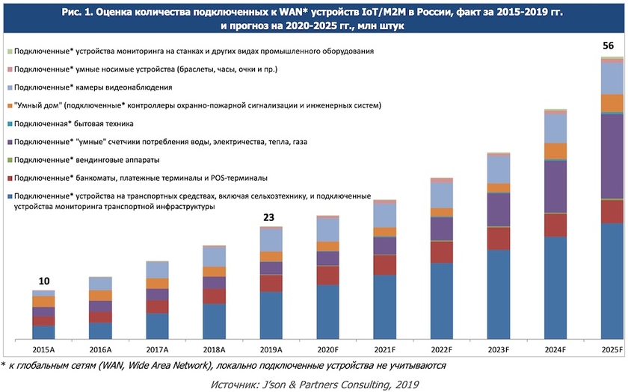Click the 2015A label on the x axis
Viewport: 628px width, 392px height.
click(x=44, y=349)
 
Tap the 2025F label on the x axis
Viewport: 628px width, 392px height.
click(x=612, y=349)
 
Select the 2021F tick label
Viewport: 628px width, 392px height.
click(x=384, y=349)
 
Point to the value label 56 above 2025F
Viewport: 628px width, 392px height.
click(x=609, y=46)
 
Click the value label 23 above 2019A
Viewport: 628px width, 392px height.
click(x=270, y=217)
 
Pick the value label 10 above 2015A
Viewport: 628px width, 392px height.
click(x=44, y=281)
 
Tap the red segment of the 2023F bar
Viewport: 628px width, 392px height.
click(x=498, y=237)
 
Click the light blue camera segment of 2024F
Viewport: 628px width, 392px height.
click(x=555, y=128)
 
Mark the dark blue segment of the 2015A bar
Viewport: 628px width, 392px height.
click(x=44, y=332)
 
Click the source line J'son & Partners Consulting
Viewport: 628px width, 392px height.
click(x=315, y=384)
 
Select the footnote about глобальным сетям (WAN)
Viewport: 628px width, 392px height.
click(x=224, y=366)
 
